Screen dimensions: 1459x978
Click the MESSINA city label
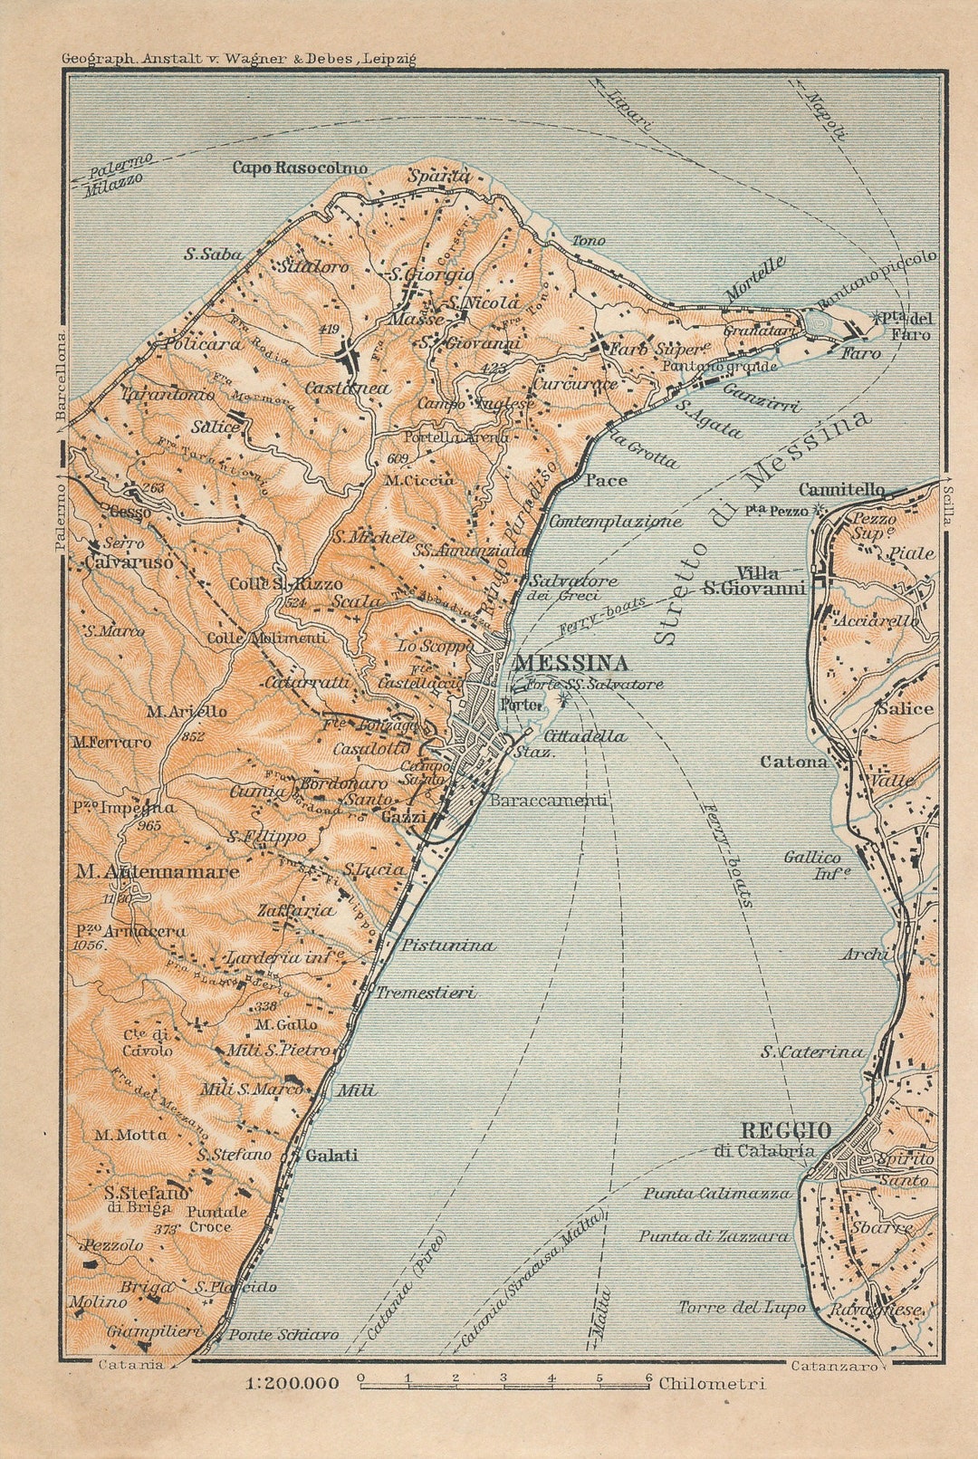click(570, 663)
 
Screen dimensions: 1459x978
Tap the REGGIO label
click(786, 1131)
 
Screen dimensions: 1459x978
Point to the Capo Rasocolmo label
click(300, 168)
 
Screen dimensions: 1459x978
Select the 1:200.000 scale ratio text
click(292, 1384)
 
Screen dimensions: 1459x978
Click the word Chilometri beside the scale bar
click(712, 1384)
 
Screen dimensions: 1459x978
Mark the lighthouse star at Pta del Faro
click(876, 318)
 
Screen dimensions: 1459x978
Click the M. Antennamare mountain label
click(158, 872)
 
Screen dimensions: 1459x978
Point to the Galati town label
click(331, 1156)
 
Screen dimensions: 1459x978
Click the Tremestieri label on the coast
click(426, 993)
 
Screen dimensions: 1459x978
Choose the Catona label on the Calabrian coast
click(793, 763)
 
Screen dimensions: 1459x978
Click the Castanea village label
click(347, 388)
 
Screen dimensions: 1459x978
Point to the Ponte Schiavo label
click(283, 1335)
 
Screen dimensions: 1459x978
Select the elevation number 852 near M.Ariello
click(192, 737)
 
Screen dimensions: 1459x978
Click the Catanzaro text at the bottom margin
click(833, 1366)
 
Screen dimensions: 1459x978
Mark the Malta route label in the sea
click(601, 1314)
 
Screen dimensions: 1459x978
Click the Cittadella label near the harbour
click(584, 736)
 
